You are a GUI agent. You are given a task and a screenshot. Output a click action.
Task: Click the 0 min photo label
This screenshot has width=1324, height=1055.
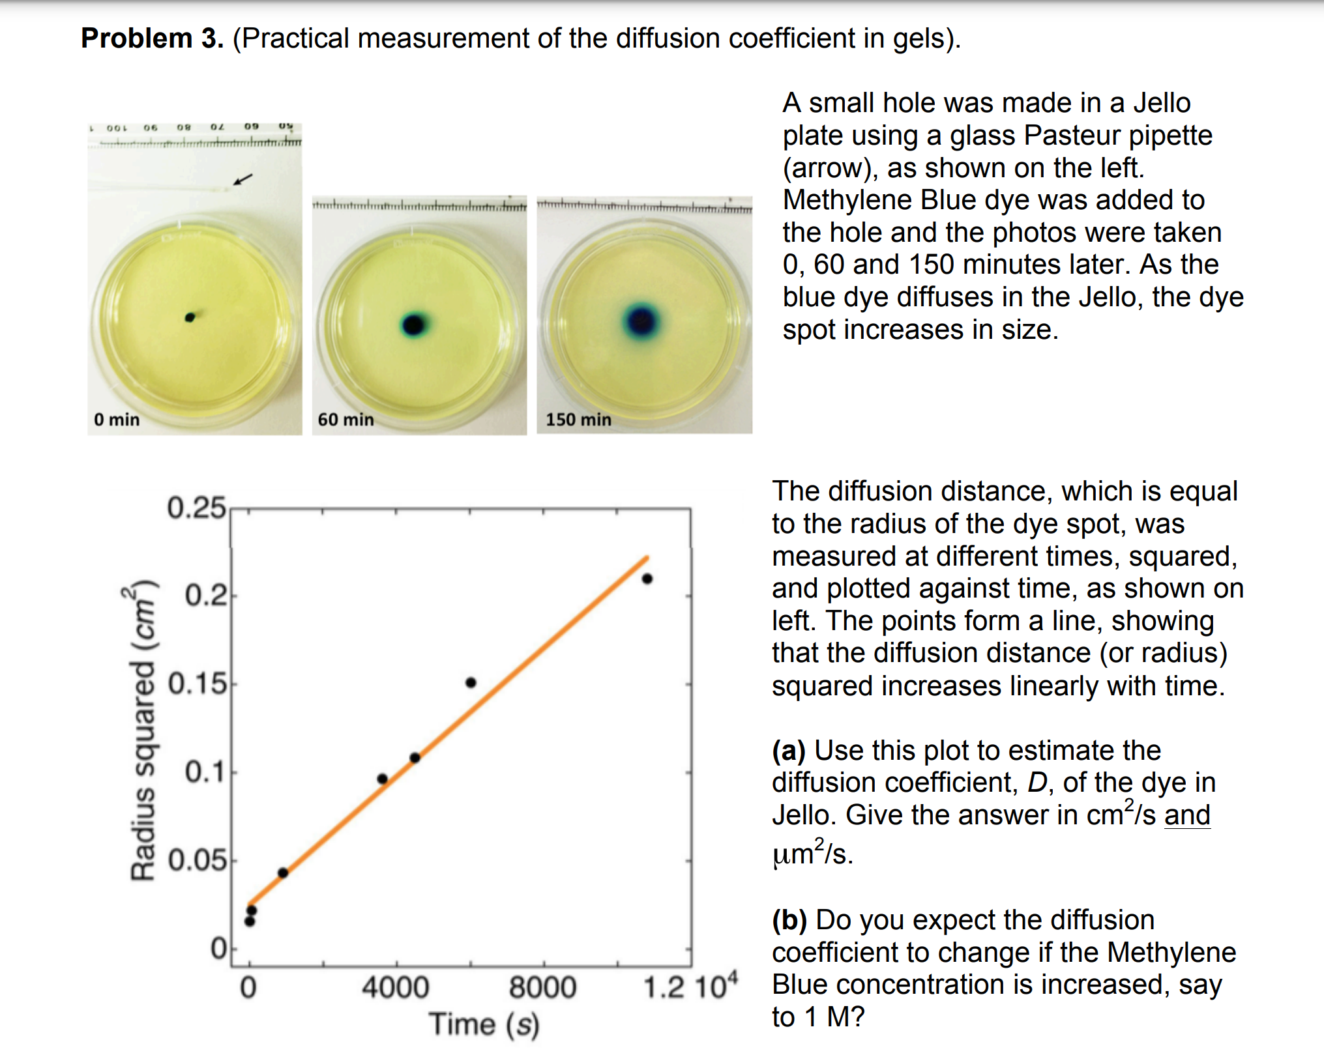coord(117,419)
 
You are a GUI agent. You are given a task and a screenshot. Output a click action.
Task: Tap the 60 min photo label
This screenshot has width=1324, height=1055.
coord(346,419)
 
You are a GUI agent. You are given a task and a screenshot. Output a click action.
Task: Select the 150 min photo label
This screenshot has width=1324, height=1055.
coord(578,419)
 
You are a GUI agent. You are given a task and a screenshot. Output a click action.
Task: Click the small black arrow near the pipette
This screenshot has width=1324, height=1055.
coord(243,179)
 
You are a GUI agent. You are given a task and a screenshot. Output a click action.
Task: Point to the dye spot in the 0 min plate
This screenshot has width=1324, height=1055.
coord(190,317)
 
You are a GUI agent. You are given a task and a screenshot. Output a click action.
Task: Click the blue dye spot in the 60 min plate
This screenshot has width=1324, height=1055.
coord(413,324)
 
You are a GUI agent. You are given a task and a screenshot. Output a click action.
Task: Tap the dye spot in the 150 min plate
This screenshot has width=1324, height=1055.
coord(641,321)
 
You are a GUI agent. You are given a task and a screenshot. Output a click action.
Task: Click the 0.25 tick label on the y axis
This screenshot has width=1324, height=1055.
coord(196,508)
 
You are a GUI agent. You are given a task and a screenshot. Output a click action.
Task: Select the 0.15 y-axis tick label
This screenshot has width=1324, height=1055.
coord(198,684)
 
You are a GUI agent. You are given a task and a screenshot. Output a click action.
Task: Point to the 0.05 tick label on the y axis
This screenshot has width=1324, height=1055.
coord(198,860)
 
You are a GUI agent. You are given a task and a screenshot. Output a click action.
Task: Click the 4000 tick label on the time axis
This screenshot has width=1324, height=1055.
coord(395,987)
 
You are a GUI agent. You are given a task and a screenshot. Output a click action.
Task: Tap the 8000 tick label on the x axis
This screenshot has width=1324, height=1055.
coord(542,987)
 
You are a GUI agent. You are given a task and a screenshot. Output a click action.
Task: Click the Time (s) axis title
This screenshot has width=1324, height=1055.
coord(484,1024)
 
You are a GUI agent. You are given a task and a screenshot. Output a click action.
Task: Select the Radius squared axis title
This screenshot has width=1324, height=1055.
coord(143,730)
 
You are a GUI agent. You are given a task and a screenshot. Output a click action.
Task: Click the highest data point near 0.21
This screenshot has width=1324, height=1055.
coord(647,579)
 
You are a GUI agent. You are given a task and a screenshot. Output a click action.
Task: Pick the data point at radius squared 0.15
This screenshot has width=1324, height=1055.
coord(471,682)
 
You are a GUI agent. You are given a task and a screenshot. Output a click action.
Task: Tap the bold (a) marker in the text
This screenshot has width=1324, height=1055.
coord(789,750)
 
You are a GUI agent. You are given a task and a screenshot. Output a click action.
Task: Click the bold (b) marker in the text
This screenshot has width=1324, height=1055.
coord(789,919)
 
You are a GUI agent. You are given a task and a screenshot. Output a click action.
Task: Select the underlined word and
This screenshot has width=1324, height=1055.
coord(1187,815)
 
